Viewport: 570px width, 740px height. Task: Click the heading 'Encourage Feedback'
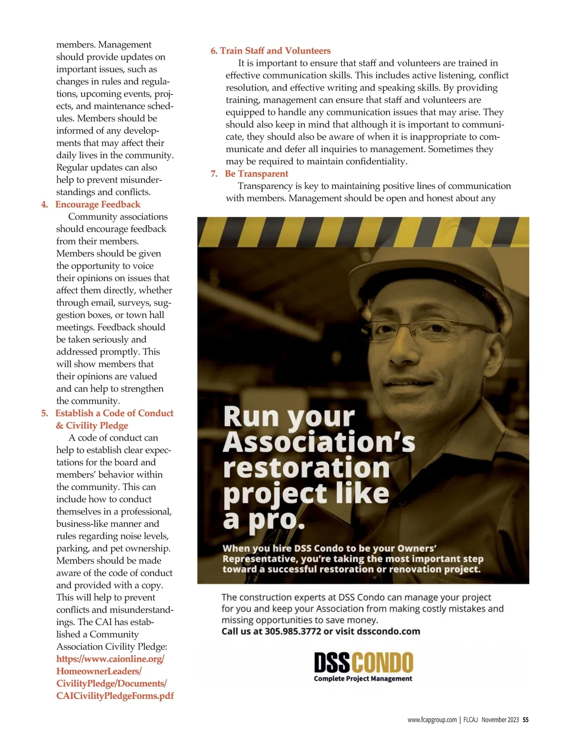coord(98,205)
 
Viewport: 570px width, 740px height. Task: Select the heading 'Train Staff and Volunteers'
coord(275,51)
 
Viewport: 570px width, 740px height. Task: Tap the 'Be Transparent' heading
coord(256,174)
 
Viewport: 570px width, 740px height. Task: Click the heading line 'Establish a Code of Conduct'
coord(114,413)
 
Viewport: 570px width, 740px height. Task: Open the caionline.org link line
coord(110,659)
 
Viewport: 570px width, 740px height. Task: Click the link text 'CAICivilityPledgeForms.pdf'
coord(115,696)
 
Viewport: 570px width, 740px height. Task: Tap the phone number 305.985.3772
coord(293,632)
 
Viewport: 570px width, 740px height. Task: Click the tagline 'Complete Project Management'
coord(363,679)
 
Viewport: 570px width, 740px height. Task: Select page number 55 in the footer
coord(525,720)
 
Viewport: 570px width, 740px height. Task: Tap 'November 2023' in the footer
coord(500,720)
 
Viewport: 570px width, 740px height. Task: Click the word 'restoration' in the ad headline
coord(306,468)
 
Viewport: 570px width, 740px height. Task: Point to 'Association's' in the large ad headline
coord(319,442)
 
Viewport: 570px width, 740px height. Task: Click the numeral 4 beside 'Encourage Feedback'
coord(45,205)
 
